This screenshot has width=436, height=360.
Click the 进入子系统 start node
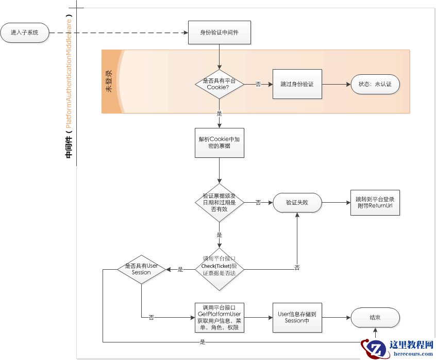click(25, 32)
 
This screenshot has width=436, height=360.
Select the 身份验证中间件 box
click(219, 32)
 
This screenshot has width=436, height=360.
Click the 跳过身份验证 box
click(297, 84)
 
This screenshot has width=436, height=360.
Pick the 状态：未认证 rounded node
click(375, 84)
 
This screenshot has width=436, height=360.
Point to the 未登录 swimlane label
click(109, 81)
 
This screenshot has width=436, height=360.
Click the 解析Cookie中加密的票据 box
click(219, 143)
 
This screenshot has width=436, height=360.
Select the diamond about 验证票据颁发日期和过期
click(219, 203)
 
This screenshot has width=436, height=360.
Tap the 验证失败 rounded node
click(297, 203)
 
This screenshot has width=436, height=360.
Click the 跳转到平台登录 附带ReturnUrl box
click(375, 203)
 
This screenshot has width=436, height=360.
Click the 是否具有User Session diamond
click(141, 269)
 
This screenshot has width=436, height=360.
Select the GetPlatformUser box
click(219, 317)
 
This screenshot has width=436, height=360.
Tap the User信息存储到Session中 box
click(297, 317)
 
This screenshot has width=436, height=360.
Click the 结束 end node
click(375, 317)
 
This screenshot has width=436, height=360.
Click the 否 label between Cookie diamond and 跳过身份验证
click(258, 84)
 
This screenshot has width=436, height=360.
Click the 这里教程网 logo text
click(411, 345)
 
